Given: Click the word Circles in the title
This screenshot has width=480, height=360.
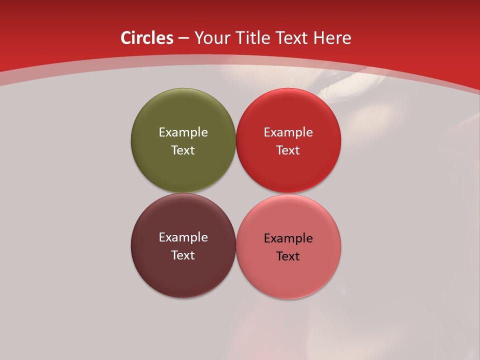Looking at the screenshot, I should (x=147, y=38).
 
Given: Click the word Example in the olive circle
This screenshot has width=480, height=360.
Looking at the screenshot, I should (x=183, y=132).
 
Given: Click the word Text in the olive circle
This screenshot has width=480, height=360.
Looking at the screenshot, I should (x=183, y=150).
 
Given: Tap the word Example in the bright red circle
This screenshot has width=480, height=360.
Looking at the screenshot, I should (x=288, y=132).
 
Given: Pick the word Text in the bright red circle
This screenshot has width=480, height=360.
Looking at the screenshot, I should (x=288, y=150).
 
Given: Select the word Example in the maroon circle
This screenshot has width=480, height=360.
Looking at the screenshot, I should (x=183, y=237).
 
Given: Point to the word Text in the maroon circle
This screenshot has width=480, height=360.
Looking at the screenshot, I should (x=183, y=255).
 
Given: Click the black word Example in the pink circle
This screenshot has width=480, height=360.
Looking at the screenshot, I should (x=288, y=238).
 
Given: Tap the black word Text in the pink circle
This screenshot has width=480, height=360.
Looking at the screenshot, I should (x=288, y=256).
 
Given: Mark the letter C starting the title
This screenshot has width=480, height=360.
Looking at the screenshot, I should (x=126, y=38).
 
